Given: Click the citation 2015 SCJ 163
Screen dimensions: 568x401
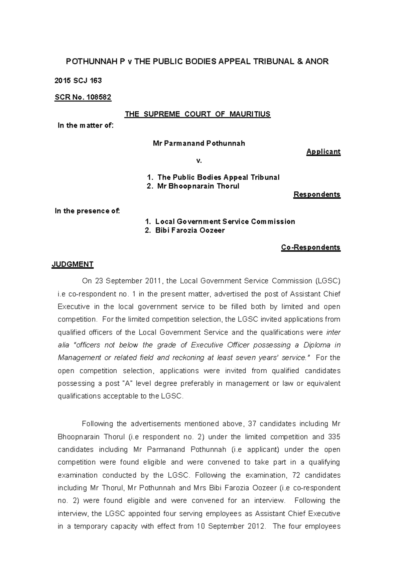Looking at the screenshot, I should click(78, 81).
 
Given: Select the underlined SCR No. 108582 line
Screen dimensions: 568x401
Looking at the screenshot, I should click(83, 97).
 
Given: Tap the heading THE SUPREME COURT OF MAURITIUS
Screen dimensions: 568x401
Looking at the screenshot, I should click(197, 114).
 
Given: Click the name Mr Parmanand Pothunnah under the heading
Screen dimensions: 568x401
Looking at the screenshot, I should click(199, 144).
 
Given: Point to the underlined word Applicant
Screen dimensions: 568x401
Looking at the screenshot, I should click(323, 152).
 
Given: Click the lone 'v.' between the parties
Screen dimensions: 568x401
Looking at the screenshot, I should click(199, 161).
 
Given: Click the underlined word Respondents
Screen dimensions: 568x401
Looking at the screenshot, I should click(316, 194).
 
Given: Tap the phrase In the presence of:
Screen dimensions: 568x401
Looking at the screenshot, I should click(87, 211).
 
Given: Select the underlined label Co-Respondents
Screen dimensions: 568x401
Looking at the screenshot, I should click(310, 247).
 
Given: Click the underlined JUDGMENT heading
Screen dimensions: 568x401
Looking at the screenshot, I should click(73, 264).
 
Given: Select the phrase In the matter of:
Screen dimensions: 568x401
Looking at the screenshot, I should click(86, 126).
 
